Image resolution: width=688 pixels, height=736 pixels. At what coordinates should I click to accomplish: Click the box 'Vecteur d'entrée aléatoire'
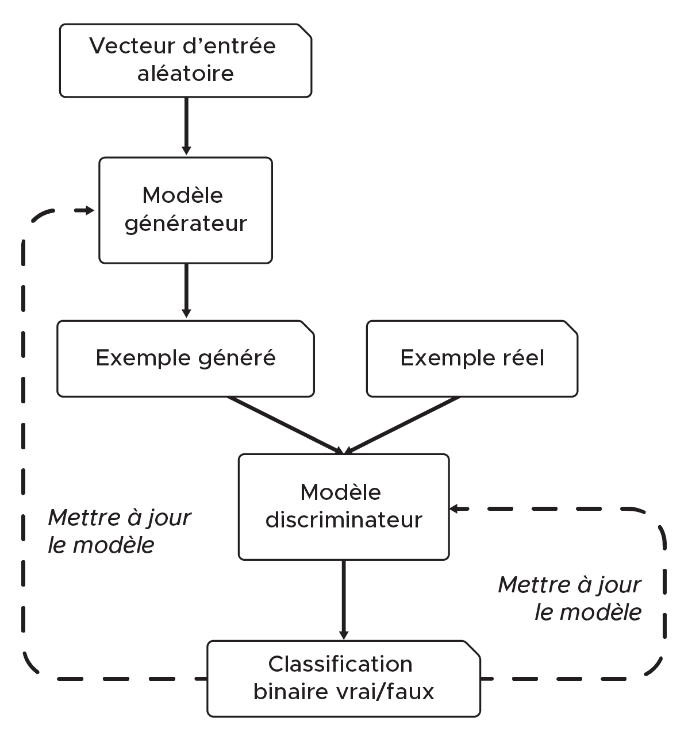click(x=185, y=60)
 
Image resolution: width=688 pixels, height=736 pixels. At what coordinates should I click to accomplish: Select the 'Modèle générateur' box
click(x=185, y=210)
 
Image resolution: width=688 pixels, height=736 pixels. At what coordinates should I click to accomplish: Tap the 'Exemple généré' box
click(x=185, y=359)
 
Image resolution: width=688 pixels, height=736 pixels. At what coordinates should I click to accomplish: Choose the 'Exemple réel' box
click(x=471, y=359)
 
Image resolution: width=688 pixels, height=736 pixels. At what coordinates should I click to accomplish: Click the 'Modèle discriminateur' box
click(x=343, y=507)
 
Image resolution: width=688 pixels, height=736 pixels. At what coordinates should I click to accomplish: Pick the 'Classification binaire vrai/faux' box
click(x=343, y=679)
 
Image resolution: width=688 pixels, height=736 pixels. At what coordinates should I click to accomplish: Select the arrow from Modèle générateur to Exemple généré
click(x=186, y=290)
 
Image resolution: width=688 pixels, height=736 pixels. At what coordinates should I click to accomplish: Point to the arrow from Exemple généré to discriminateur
click(x=285, y=425)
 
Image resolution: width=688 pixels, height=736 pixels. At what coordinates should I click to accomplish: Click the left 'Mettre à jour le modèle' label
click(x=119, y=531)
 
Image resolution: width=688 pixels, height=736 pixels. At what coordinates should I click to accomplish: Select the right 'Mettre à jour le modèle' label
click(x=569, y=598)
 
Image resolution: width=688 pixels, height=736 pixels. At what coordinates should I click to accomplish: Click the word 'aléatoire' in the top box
click(x=185, y=74)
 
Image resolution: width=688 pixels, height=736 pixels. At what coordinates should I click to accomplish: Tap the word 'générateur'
click(x=185, y=224)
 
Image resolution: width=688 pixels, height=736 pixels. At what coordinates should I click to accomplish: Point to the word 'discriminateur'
click(x=343, y=521)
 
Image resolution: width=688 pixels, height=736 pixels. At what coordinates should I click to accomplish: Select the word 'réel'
click(x=521, y=359)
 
